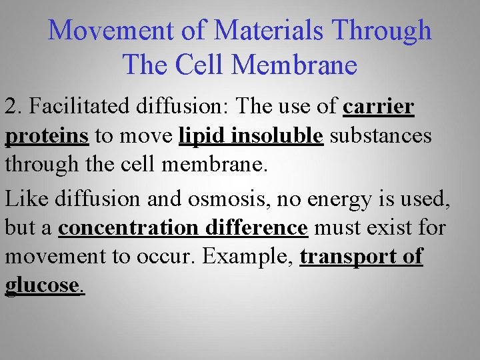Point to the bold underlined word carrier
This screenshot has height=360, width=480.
click(x=378, y=107)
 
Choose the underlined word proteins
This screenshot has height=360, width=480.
click(x=47, y=136)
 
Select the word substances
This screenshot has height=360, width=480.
click(x=381, y=136)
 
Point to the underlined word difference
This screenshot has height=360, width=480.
click(x=256, y=228)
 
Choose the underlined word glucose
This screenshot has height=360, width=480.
click(x=42, y=285)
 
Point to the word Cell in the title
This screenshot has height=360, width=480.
click(x=202, y=65)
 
